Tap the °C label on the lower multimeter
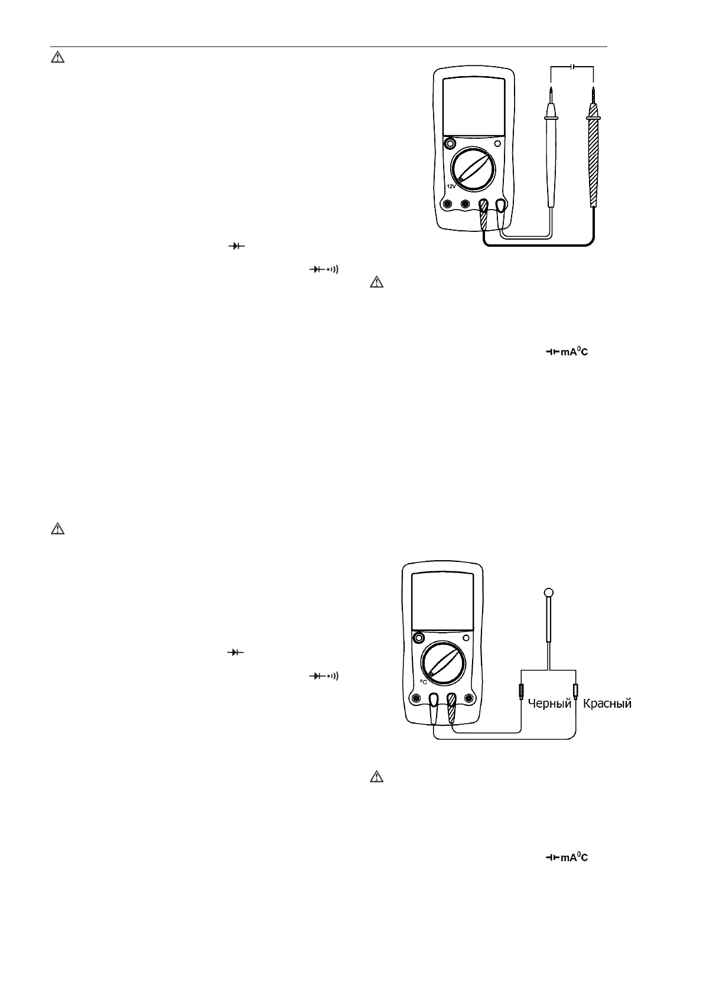coord(423,681)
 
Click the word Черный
coord(549,703)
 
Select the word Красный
coord(607,703)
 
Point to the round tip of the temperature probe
coord(549,592)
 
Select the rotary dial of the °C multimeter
coord(442,662)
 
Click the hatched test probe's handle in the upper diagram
coord(593,162)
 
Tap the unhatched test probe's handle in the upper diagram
coord(551,162)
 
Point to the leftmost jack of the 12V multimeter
coord(448,204)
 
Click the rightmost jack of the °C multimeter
coord(469,699)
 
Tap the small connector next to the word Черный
coord(521,691)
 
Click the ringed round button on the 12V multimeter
coord(450,143)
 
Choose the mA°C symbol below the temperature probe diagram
coord(567,857)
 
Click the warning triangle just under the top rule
coord(57,57)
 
